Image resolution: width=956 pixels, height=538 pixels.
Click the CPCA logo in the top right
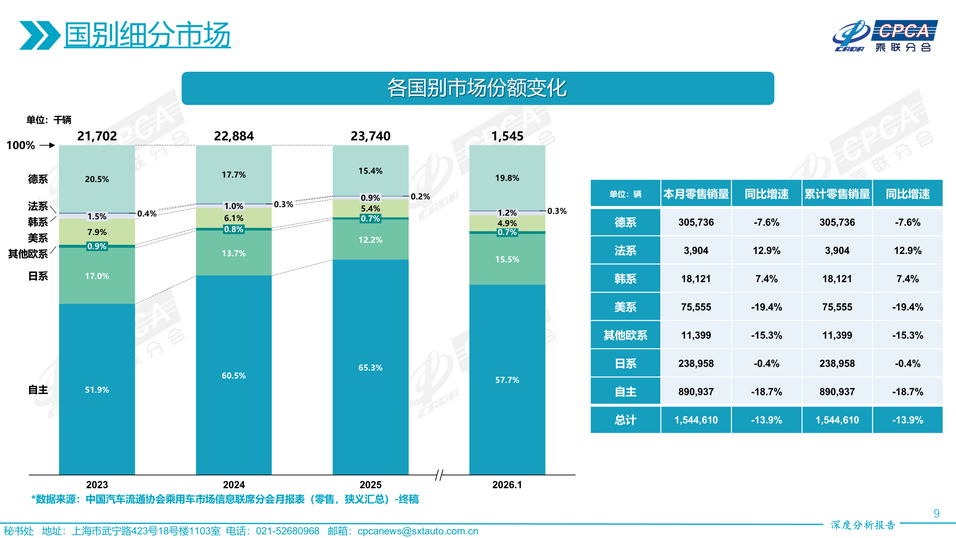(885, 36)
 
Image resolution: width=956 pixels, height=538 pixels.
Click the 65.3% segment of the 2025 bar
(370, 367)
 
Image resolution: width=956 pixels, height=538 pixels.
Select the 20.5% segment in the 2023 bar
(97, 179)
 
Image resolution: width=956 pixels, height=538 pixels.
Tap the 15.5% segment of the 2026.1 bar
(507, 259)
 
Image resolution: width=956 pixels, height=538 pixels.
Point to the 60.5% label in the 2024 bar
(233, 375)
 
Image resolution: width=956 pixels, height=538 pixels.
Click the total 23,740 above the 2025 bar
(370, 136)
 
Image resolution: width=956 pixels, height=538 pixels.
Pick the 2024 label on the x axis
(233, 485)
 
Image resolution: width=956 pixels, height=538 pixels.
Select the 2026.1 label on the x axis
(507, 485)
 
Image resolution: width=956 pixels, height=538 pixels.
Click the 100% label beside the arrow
(21, 145)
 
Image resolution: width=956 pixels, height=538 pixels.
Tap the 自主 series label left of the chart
(38, 390)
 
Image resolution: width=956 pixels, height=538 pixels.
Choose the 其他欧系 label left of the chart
(28, 254)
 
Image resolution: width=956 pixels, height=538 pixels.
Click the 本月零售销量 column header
(696, 194)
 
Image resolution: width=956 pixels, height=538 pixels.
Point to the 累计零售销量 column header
(837, 194)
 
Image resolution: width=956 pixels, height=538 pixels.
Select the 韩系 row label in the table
(625, 279)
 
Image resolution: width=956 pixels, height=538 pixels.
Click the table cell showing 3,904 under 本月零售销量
(696, 250)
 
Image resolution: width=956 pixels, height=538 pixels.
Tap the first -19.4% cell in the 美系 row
(766, 307)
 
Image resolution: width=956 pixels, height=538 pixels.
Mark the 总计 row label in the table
(625, 420)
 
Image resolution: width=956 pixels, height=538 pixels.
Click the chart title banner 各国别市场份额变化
(477, 88)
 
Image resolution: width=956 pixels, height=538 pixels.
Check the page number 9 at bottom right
(936, 513)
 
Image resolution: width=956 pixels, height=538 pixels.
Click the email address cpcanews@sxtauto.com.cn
(418, 531)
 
